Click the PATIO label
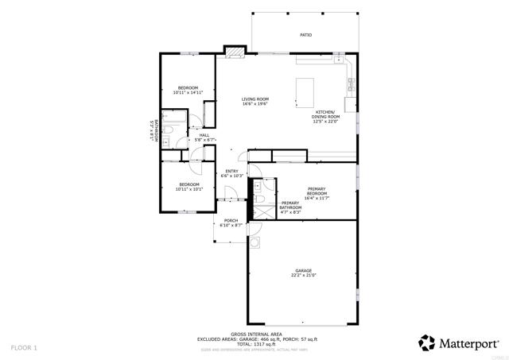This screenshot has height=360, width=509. (305, 36)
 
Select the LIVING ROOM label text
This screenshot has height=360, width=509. (255, 99)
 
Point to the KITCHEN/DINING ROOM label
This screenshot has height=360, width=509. (325, 117)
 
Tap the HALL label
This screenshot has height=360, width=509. (204, 135)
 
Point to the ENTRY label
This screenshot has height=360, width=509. (231, 172)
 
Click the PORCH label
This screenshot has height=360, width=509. (231, 221)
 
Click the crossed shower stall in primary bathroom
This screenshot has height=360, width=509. (258, 211)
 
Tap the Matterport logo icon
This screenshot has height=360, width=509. (427, 343)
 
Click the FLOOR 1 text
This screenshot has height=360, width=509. (24, 348)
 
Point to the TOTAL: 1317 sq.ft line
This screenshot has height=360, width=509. (253, 344)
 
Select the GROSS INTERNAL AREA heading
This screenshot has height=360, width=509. (253, 334)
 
